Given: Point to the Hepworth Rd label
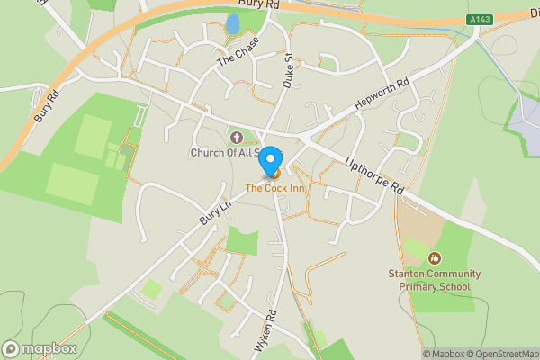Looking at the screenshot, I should (381, 94).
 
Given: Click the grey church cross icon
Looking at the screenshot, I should (237, 138).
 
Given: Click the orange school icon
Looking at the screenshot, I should (435, 258).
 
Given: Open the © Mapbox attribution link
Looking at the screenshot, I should (445, 354).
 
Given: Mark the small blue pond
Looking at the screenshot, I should (232, 24).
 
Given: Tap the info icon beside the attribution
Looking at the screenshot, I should (414, 354).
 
